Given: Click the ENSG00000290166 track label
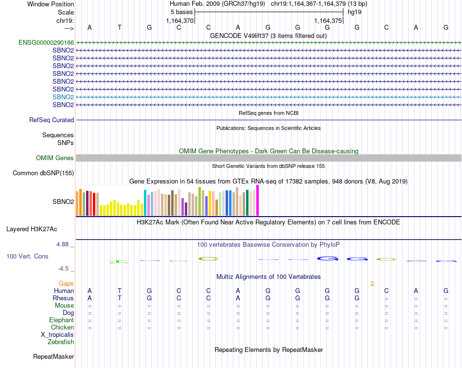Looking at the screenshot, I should click(x=46, y=43).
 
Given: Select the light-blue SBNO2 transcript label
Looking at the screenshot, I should click(x=63, y=97).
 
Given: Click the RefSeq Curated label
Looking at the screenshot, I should click(x=52, y=120).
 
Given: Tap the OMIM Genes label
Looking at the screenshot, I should click(x=55, y=158).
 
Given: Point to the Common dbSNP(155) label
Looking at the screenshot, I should click(x=43, y=173).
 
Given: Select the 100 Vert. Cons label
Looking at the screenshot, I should click(x=27, y=257).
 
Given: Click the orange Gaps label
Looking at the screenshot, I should click(x=66, y=283).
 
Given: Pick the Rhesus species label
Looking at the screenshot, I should click(x=63, y=298).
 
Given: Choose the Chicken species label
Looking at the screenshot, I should click(x=62, y=328).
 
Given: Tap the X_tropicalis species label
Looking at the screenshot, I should click(x=57, y=335).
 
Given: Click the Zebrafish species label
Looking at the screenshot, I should click(x=61, y=342).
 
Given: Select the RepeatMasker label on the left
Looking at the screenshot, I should click(x=53, y=357).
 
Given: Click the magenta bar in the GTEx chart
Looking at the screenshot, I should click(x=257, y=201).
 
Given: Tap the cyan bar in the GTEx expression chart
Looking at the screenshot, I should click(x=145, y=202).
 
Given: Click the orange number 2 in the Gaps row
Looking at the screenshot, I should click(x=372, y=284).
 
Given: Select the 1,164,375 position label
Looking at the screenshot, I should click(x=329, y=21).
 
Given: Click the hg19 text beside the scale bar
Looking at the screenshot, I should click(x=354, y=12).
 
